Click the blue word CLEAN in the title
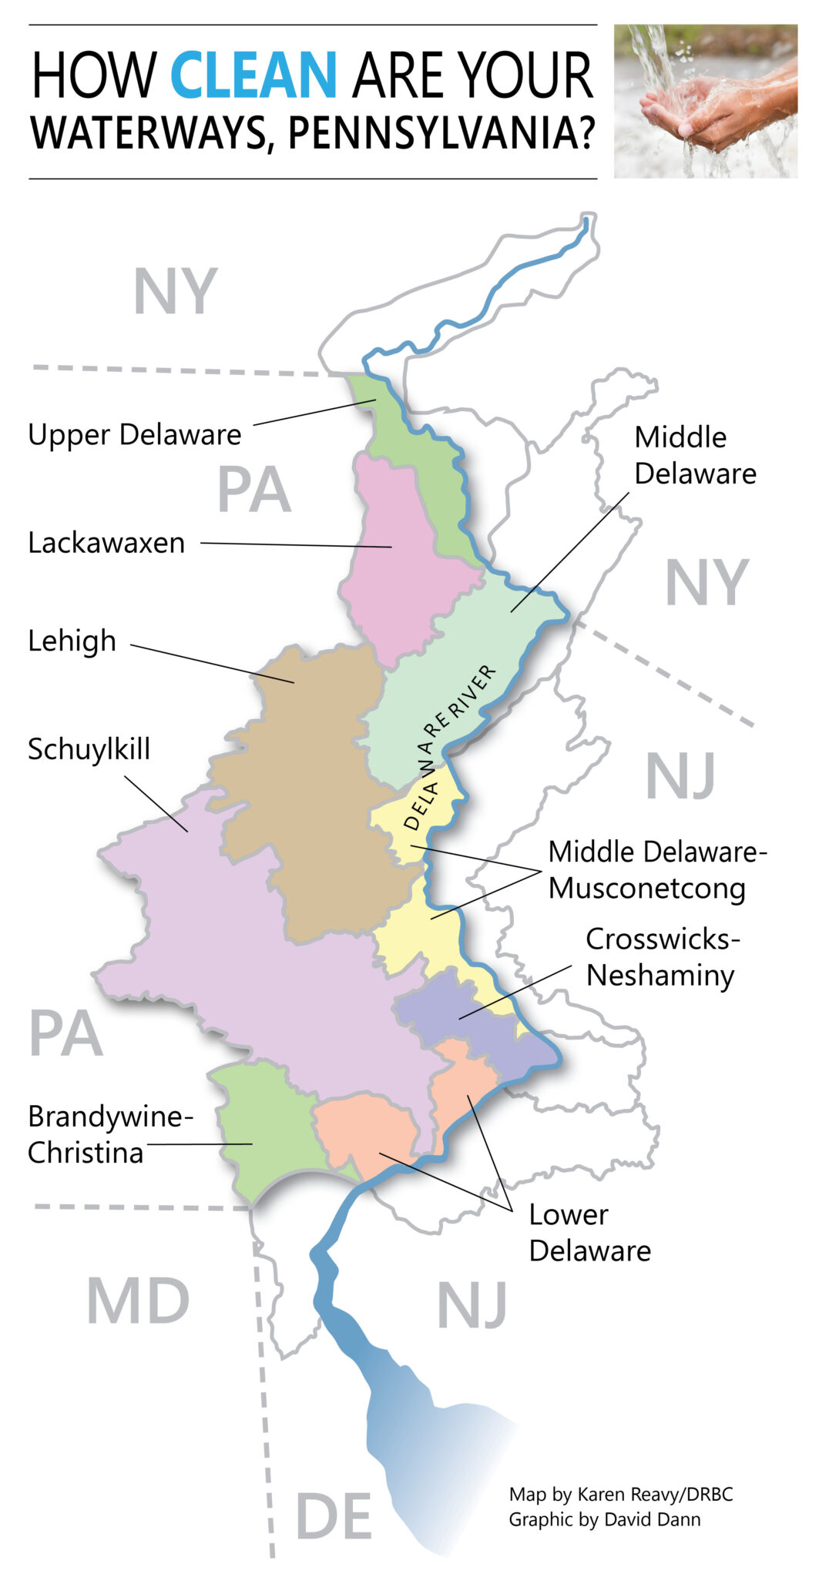pos(253,76)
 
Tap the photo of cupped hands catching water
pos(705,101)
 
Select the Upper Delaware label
pos(135,435)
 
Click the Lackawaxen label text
pos(106,544)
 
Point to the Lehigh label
pos(72,641)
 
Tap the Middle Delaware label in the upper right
pos(694,456)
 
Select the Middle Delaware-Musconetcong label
pos(657,870)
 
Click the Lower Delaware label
pos(589,1233)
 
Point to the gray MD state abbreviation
pos(138,1302)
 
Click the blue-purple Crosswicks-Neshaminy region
pos(470,1016)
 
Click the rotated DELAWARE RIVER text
pos(449,747)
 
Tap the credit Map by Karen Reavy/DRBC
pos(620,1495)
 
